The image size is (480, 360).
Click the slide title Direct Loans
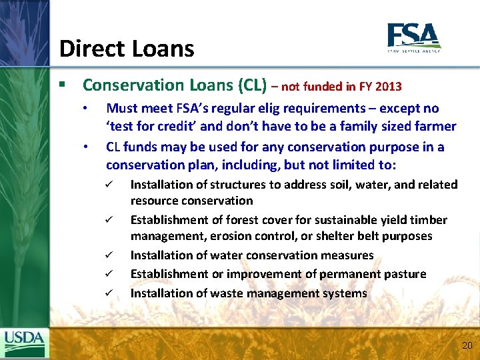[127, 49]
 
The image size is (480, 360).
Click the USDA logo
[25, 343]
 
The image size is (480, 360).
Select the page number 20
[467, 345]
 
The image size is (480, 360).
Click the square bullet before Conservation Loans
[61, 85]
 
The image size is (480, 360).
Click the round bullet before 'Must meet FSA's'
[85, 108]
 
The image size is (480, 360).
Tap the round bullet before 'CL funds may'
[85, 147]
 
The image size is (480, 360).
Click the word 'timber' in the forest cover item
[429, 220]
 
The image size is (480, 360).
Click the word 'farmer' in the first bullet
[437, 127]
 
